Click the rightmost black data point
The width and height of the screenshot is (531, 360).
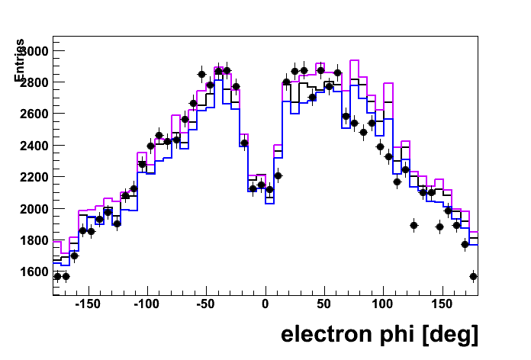[x=473, y=276]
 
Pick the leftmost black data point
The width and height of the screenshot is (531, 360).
[x=56, y=276]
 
